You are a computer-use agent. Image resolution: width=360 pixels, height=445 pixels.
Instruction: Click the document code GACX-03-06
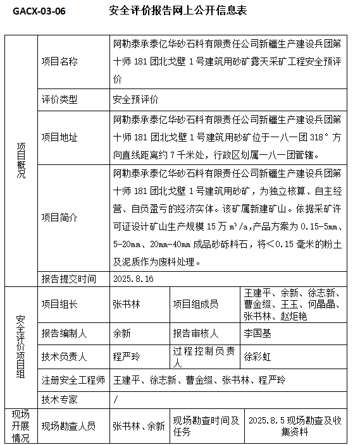(39, 11)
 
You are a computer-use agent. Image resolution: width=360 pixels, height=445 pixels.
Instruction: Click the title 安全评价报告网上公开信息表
(178, 11)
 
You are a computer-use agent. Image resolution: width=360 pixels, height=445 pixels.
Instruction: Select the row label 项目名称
(59, 62)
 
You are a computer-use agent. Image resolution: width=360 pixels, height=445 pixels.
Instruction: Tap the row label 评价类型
(59, 100)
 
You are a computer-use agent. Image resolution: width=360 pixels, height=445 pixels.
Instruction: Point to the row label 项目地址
(59, 137)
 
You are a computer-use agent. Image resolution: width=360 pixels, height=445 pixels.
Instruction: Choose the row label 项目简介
(59, 217)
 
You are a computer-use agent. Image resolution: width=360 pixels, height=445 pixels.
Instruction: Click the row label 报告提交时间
(69, 278)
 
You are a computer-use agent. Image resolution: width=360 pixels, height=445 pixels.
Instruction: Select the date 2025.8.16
(133, 278)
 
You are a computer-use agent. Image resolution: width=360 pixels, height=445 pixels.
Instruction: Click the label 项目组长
(59, 305)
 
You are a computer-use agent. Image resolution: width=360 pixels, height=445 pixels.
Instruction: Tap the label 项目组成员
(196, 305)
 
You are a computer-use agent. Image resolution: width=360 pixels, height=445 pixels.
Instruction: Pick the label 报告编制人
(64, 333)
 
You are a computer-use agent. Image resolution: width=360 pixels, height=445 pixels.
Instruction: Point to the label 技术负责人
(64, 357)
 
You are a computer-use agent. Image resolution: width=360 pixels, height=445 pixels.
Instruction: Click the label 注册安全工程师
(73, 380)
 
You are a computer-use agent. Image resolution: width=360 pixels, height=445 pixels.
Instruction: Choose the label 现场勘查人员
(69, 427)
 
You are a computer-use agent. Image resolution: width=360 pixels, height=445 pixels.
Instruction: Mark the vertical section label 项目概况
(21, 162)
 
